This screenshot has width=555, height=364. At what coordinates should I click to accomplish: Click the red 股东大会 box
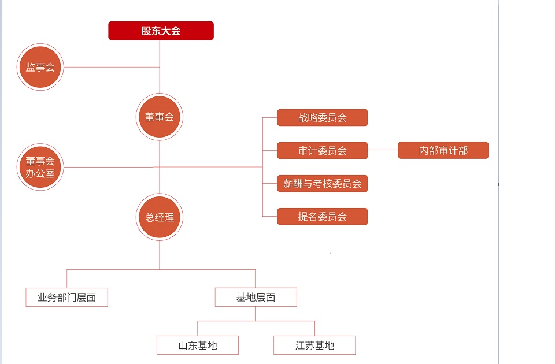pos(161,31)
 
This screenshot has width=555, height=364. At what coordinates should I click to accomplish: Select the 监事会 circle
pos(40,68)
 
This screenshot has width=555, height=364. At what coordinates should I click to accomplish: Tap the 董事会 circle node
pos(160,117)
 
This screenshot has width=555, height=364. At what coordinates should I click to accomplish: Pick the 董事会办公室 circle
pos(40,167)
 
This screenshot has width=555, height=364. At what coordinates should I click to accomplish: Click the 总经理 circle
pos(160,217)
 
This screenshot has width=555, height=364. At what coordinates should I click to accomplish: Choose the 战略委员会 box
pos(322,118)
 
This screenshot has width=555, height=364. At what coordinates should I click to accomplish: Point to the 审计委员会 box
pos(322,151)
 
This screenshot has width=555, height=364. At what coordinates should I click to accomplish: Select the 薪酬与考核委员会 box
pos(322,184)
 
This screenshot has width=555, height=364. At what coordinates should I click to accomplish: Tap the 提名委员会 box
pos(322,217)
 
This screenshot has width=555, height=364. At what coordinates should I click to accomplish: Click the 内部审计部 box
pos(443,151)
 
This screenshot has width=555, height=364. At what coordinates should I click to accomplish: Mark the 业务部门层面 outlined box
pos(66,298)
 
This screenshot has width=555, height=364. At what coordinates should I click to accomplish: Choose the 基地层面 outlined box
pos(256,298)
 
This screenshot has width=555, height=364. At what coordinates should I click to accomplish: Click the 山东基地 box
pos(198,346)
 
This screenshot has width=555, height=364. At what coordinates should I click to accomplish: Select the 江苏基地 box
pos(314,346)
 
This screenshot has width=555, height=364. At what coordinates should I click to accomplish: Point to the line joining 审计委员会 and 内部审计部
pos(383,151)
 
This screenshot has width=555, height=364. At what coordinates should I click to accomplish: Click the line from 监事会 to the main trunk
pos(110,68)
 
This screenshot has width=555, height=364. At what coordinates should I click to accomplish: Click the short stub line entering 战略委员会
pos(270,118)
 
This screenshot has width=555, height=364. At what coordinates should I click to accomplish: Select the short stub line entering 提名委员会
pos(270,217)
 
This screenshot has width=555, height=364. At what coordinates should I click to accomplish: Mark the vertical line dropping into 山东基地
pos(198,328)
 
